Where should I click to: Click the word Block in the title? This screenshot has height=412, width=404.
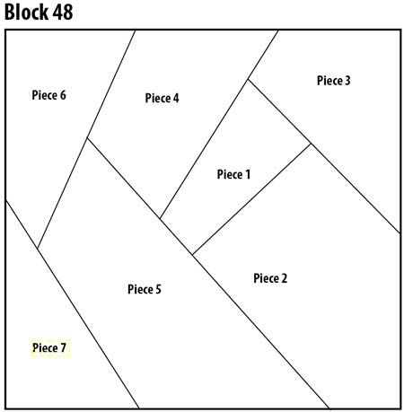tap(26, 12)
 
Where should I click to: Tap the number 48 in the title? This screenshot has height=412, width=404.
tap(63, 13)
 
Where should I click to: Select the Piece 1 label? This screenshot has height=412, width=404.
tap(233, 174)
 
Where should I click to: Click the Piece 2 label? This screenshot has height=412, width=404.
tap(270, 278)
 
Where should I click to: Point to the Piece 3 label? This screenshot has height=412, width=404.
tap(333, 80)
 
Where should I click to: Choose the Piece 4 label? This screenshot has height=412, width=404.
tap(162, 98)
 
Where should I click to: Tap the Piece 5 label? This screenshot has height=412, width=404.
tap(145, 289)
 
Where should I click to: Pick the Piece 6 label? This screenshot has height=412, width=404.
tap(48, 95)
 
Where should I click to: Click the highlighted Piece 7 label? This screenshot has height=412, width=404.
tap(49, 347)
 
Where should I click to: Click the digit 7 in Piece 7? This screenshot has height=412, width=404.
tap(63, 347)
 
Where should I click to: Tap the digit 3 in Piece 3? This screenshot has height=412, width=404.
tap(347, 80)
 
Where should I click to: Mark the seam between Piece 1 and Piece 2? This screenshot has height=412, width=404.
tap(251, 199)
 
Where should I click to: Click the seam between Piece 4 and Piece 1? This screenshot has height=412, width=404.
tap(204, 149)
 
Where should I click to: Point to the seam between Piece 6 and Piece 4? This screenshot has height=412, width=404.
tap(110, 84)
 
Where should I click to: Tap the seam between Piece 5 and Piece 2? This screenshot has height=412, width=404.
tap(260, 331)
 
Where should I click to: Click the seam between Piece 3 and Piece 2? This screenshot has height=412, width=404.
tap(356, 188)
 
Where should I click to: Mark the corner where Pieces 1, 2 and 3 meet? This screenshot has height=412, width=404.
tap(311, 144)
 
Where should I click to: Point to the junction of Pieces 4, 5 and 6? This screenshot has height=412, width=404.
tap(87, 138)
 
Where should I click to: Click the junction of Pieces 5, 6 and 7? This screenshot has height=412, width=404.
tap(38, 248)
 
